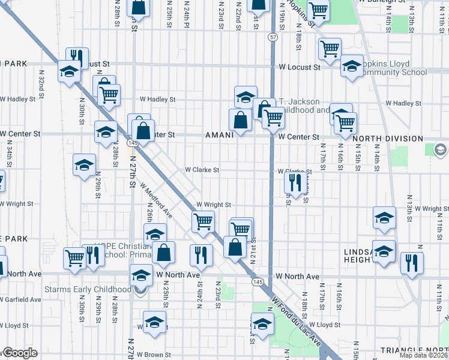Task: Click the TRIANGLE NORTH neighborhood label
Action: click(414, 350)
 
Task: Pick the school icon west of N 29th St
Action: click(84, 164)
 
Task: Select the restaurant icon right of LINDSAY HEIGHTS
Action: click(412, 262)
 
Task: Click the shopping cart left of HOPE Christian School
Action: click(75, 257)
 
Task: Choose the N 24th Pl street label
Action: click(187, 12)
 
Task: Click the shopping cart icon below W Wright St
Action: click(203, 221)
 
